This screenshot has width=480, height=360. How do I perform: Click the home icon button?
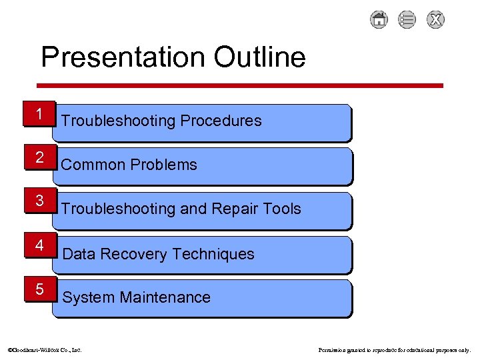pyautogui.click(x=379, y=20)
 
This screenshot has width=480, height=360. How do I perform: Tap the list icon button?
pyautogui.click(x=407, y=20)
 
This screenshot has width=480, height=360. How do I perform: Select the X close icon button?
pyautogui.click(x=435, y=20)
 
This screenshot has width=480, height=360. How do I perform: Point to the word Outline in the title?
pyautogui.click(x=259, y=57)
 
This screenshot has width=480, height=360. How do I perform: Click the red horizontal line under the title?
pyautogui.click(x=239, y=85)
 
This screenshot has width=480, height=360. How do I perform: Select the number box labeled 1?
pyautogui.click(x=40, y=114)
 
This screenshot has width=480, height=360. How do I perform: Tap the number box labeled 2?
pyautogui.click(x=40, y=158)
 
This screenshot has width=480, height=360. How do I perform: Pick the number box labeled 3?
pyautogui.click(x=40, y=201)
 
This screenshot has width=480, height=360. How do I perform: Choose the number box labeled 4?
pyautogui.click(x=40, y=245)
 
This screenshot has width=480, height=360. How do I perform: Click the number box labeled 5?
pyautogui.click(x=40, y=289)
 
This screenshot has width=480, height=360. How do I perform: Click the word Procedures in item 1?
pyautogui.click(x=221, y=121)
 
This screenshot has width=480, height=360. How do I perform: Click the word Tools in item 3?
pyautogui.click(x=281, y=209)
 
